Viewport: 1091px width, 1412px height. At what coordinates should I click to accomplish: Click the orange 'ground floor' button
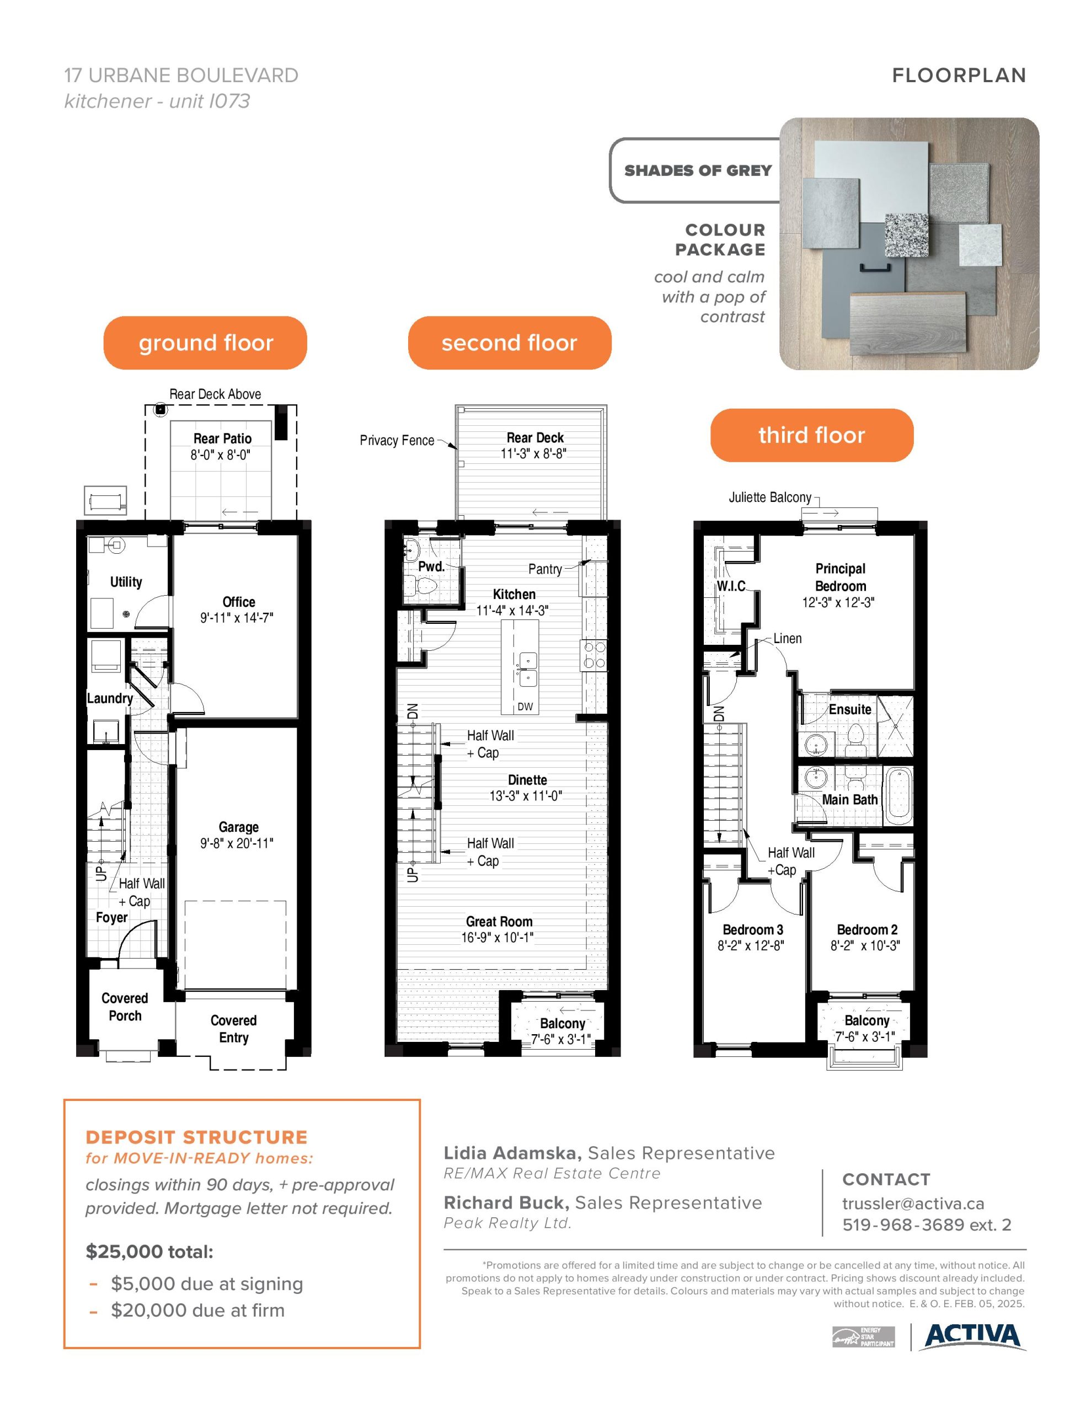(x=205, y=343)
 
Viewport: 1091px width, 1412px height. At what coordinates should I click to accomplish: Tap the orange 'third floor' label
(x=811, y=435)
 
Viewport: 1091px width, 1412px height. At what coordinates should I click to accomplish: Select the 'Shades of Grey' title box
(x=697, y=170)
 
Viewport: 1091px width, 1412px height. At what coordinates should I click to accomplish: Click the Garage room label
(x=239, y=827)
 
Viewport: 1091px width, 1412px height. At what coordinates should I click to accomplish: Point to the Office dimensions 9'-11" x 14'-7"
(x=237, y=617)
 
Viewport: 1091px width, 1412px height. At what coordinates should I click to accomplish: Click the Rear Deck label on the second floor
(x=535, y=438)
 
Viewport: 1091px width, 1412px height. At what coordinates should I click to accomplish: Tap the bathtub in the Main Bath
(x=897, y=795)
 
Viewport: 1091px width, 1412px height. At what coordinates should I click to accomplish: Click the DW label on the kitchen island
(x=525, y=707)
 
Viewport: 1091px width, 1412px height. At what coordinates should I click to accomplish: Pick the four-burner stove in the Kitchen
(x=593, y=654)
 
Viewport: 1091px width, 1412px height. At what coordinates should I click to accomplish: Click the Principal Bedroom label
(x=840, y=577)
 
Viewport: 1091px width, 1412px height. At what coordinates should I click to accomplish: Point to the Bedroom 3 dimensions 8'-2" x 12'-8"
(x=751, y=946)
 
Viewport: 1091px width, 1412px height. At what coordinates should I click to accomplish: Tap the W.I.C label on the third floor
(x=731, y=586)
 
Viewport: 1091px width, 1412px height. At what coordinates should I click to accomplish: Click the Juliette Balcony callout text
(x=769, y=497)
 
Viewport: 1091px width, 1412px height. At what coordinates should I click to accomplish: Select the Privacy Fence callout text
(x=397, y=440)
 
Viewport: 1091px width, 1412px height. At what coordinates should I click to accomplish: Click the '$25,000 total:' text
(x=149, y=1251)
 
